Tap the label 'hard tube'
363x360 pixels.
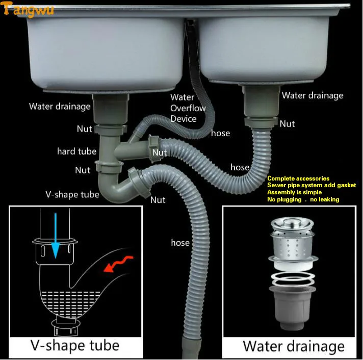(x=76, y=151)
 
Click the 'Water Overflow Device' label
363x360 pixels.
(x=188, y=108)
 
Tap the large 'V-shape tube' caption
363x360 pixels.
(x=74, y=345)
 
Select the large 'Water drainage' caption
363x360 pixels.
(x=294, y=346)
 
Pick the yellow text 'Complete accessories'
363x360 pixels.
(x=298, y=178)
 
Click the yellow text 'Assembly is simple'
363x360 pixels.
(x=294, y=192)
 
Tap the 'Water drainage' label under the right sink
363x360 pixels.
(x=313, y=95)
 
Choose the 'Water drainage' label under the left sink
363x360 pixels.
(x=60, y=107)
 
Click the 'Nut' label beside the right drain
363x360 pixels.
(x=287, y=124)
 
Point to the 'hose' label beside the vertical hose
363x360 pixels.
(x=180, y=243)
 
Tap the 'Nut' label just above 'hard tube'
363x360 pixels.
(x=85, y=129)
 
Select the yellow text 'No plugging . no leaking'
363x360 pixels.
(x=303, y=199)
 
